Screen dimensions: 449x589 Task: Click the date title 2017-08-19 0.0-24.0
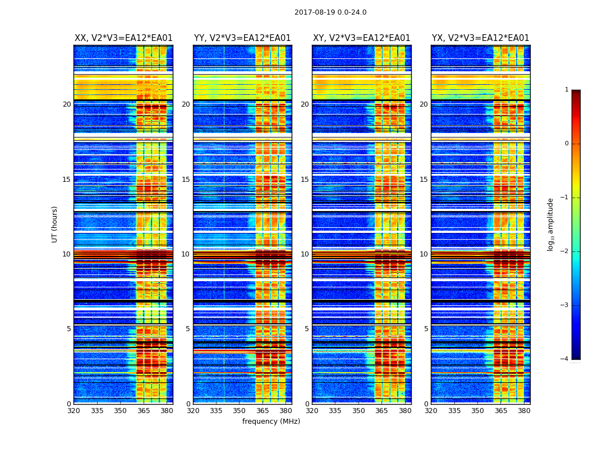coord(330,12)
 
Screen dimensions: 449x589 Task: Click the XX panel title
coord(123,38)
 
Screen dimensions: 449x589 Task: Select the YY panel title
coord(242,38)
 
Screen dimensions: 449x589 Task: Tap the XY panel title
coord(362,38)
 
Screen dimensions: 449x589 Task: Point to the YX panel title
coord(481,38)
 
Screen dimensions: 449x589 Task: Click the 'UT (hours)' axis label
coord(55,224)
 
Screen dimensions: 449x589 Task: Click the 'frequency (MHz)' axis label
coord(271,421)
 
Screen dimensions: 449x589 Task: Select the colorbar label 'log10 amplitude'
coord(551,224)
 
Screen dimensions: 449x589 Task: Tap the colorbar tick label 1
coord(567,90)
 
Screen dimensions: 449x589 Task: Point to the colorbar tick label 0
coord(567,144)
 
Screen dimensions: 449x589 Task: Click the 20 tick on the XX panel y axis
coord(67,104)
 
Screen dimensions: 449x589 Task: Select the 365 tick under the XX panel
coord(144,411)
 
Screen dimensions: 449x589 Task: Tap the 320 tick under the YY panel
coord(193,411)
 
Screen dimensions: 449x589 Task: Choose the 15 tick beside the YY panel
coord(186,180)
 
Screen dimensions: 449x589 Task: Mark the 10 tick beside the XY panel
coord(305,254)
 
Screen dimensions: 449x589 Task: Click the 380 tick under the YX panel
coord(524,411)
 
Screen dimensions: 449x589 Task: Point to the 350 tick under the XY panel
coord(358,411)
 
